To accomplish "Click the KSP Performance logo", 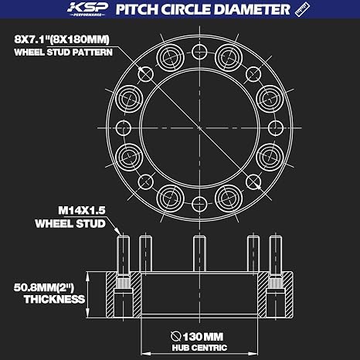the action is [x=87, y=9].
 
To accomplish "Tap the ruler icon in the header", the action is [x=302, y=9].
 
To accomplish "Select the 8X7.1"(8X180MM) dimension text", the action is [x=62, y=39].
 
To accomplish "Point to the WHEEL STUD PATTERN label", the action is [x=63, y=53].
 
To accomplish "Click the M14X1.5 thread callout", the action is [x=82, y=211].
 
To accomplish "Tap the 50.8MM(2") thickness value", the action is [x=44, y=287].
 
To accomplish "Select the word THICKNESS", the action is [x=54, y=299].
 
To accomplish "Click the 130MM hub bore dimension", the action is [x=203, y=337].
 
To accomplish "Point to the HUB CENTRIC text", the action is [x=199, y=348].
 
